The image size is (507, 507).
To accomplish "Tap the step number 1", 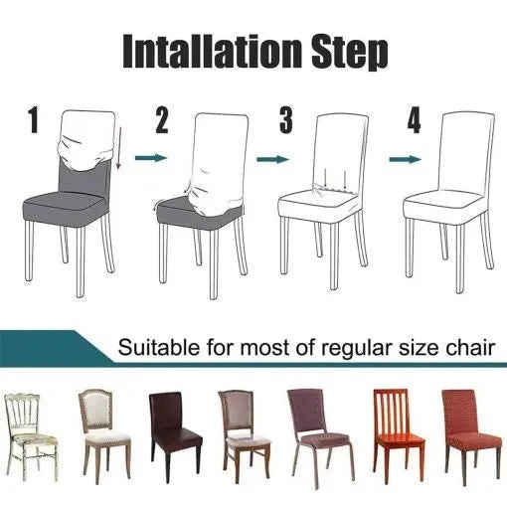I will click(33, 122).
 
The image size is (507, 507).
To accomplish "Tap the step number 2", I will click(163, 122).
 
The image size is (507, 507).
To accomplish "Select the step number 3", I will click(286, 122).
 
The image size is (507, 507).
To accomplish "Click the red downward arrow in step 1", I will click(118, 149).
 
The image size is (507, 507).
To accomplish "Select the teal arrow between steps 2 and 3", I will click(270, 158).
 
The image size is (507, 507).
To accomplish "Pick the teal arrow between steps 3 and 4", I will click(402, 158).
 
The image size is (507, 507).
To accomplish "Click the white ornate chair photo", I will click(30, 432).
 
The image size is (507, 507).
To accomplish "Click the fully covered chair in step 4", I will click(449, 199).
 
